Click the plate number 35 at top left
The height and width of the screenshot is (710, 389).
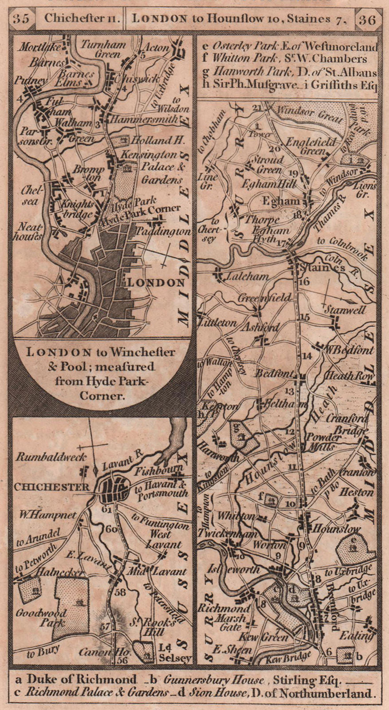coord(22,19)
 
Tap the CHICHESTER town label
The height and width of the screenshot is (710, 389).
coord(52,487)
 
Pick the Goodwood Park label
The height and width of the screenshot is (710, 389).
coord(41,617)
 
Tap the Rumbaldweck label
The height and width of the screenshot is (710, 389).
coord(45,456)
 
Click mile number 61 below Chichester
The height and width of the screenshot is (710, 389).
coord(106,509)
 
